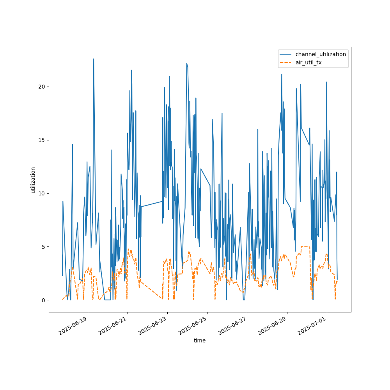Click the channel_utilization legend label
point(320,54)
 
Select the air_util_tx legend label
point(308,62)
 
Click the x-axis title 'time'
point(200,340)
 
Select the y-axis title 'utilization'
point(33,180)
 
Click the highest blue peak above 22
point(94,59)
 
